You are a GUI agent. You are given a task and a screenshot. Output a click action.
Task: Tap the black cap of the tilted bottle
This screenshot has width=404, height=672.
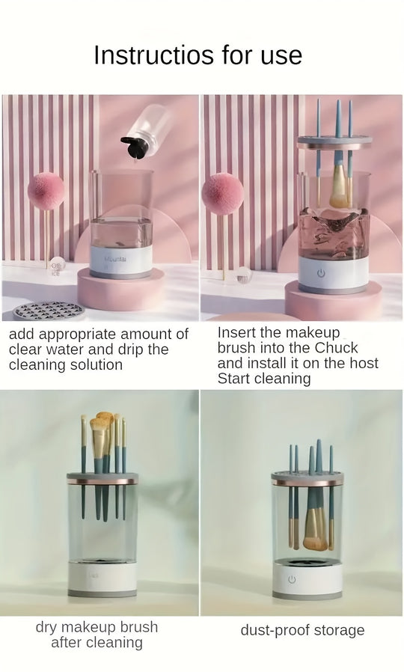pos(135,147)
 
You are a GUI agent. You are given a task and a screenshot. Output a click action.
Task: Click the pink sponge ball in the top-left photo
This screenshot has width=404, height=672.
pos(46,191)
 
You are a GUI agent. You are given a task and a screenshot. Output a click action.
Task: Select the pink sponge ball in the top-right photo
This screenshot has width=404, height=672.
pos(222,194)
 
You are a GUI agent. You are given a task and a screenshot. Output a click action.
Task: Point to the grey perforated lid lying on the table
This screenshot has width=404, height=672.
pos(49,311)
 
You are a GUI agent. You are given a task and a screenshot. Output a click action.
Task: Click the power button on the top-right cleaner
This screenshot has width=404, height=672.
pos(321,273)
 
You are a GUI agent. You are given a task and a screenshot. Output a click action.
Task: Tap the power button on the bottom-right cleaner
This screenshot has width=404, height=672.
pos(293,579)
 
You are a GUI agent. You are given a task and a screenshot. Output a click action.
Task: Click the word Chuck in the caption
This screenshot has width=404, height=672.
pos(337,347)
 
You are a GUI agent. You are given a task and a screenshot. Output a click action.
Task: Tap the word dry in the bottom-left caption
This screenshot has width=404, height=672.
pos(46,627)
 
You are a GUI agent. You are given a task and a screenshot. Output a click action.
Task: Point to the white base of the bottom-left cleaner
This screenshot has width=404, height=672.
pos(102,578)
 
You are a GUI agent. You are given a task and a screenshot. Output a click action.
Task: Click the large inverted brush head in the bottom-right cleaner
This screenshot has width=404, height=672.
pos(315,529)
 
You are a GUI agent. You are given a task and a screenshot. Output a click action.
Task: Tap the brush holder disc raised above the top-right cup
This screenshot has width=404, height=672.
pos(334,142)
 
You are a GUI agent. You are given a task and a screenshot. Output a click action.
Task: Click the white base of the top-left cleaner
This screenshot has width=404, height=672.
pos(120,261)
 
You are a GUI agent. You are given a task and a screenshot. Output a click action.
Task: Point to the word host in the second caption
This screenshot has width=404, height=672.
pos(364,363)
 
